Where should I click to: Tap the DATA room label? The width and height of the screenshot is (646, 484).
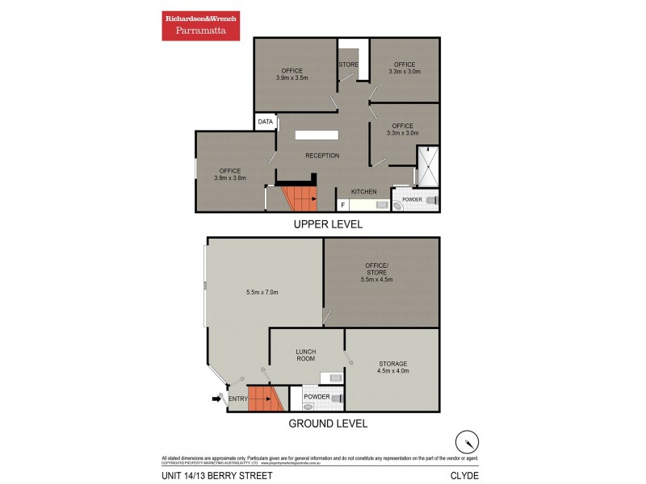click(265, 122)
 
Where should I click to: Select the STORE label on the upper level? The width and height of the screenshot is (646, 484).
click(348, 65)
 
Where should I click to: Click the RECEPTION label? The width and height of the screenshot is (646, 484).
click(321, 156)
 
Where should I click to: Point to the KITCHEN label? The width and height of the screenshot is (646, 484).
click(363, 191)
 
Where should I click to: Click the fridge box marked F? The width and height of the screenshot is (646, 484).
click(343, 205)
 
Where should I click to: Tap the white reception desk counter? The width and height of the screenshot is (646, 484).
click(317, 136)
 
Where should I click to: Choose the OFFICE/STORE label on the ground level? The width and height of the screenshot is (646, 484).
click(376, 275)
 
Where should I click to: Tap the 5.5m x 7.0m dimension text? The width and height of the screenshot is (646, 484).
click(262, 292)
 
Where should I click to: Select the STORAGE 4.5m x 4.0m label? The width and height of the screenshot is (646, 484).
click(393, 367)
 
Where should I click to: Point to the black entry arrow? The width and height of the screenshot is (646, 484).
click(216, 398)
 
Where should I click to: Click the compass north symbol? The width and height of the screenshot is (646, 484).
click(466, 441)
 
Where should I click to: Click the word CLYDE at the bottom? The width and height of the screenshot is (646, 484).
click(464, 475)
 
